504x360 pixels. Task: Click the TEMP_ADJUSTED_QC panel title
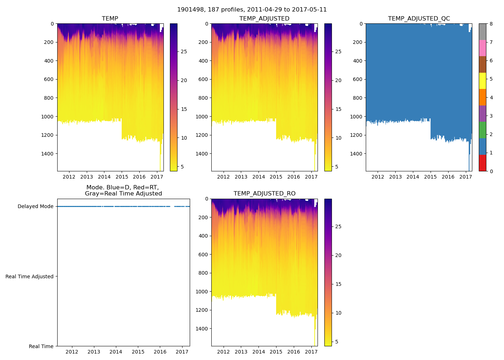419,19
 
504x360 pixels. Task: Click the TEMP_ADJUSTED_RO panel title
264,194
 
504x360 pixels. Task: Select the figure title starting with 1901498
252,10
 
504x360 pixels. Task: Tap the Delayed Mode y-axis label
35,207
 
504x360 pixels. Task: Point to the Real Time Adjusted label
30,276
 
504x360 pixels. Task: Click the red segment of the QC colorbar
482,163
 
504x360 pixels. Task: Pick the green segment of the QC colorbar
482,130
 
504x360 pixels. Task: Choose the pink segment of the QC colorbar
482,48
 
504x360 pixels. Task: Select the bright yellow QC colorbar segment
482,81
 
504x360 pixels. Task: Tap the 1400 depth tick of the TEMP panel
47,154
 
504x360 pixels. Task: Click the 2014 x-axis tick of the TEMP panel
104,177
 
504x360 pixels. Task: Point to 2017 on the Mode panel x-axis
182,352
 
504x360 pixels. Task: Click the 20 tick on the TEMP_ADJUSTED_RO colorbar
338,255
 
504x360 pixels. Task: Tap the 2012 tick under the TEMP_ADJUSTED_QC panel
378,177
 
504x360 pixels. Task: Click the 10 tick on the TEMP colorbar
184,138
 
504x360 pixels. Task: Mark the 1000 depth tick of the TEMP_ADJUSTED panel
202,117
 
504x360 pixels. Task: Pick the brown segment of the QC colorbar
482,64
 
